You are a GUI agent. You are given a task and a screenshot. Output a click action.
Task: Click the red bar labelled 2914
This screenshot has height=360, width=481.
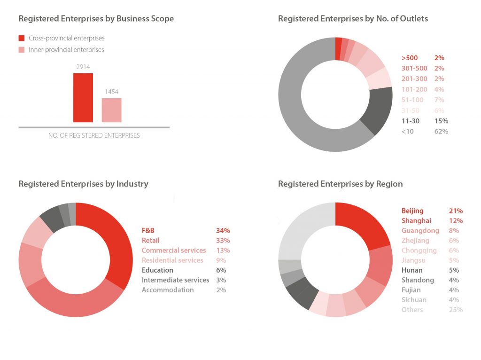coord(83,98)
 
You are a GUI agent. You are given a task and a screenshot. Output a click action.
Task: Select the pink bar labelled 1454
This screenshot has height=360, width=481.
coord(112,110)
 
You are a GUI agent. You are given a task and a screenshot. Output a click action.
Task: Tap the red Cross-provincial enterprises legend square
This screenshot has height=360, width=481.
coord(22,38)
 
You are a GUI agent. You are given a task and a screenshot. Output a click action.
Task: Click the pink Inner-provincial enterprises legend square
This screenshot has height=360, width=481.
coord(22,50)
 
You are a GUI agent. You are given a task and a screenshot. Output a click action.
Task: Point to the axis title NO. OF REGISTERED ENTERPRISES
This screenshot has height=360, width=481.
coord(94,135)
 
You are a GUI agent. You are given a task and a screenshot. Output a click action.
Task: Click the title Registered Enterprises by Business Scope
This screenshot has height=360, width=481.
coord(96,19)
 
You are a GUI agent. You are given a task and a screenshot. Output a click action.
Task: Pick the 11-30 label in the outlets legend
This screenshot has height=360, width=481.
coord(410,121)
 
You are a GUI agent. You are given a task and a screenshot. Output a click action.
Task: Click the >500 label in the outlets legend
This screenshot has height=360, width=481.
coord(410,58)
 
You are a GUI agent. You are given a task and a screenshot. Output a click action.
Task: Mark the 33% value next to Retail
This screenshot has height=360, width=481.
coord(221,241)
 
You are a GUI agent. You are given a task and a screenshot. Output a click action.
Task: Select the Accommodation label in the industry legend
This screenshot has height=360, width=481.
coord(168,290)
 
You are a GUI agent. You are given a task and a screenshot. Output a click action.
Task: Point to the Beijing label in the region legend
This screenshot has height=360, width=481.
coord(412,211)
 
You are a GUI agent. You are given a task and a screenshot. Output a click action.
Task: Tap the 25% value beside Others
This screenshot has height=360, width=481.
coord(456,310)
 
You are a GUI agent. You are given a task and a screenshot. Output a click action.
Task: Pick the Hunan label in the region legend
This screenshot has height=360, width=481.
coord(412,270)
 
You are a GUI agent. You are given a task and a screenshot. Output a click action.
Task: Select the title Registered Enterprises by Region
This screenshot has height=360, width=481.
coord(340,184)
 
